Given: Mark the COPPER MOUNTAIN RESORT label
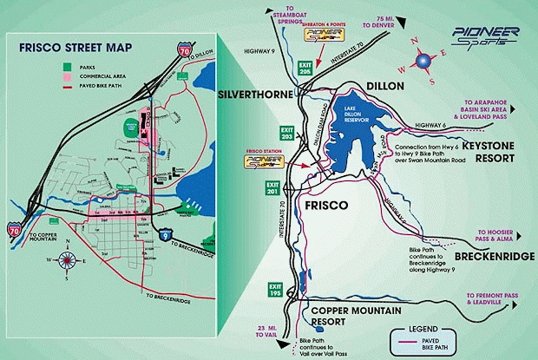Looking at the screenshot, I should tap(348, 315).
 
